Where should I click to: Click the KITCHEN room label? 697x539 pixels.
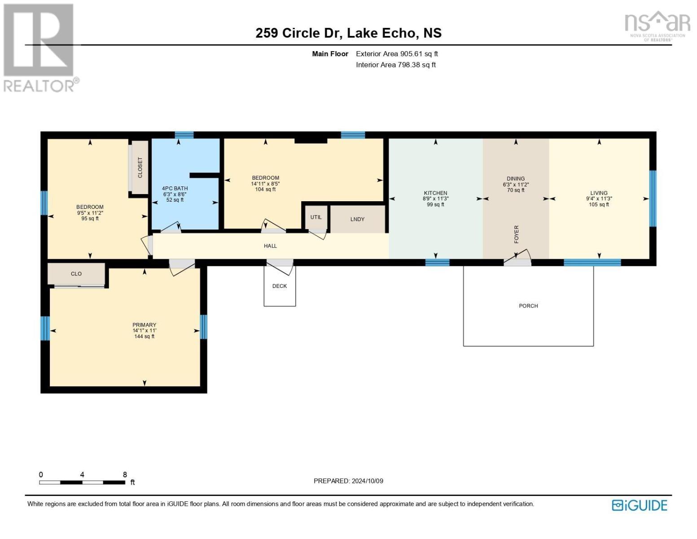[x=435, y=193]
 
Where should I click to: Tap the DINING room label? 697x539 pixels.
[x=515, y=178]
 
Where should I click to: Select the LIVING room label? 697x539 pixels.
[x=599, y=193]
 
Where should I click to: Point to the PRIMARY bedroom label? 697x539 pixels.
[x=145, y=325]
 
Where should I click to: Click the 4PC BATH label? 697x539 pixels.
[x=175, y=189]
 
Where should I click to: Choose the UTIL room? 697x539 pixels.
[x=316, y=217]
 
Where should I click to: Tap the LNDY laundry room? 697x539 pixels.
[x=357, y=219]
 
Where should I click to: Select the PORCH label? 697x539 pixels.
[x=528, y=306]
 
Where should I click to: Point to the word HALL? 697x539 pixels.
[x=270, y=246]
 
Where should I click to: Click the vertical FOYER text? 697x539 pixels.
[x=516, y=234]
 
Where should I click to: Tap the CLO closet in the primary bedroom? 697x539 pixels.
[x=76, y=274]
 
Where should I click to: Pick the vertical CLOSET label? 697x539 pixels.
[x=140, y=167]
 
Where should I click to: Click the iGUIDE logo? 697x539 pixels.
[x=639, y=505]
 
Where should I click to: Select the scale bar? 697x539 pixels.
[x=82, y=482]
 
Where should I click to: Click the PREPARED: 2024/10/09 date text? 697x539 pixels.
[x=348, y=481]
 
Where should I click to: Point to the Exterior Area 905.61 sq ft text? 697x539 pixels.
[x=397, y=54]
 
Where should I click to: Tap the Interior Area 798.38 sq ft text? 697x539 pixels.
[x=396, y=65]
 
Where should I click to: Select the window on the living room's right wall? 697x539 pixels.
[x=653, y=199]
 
